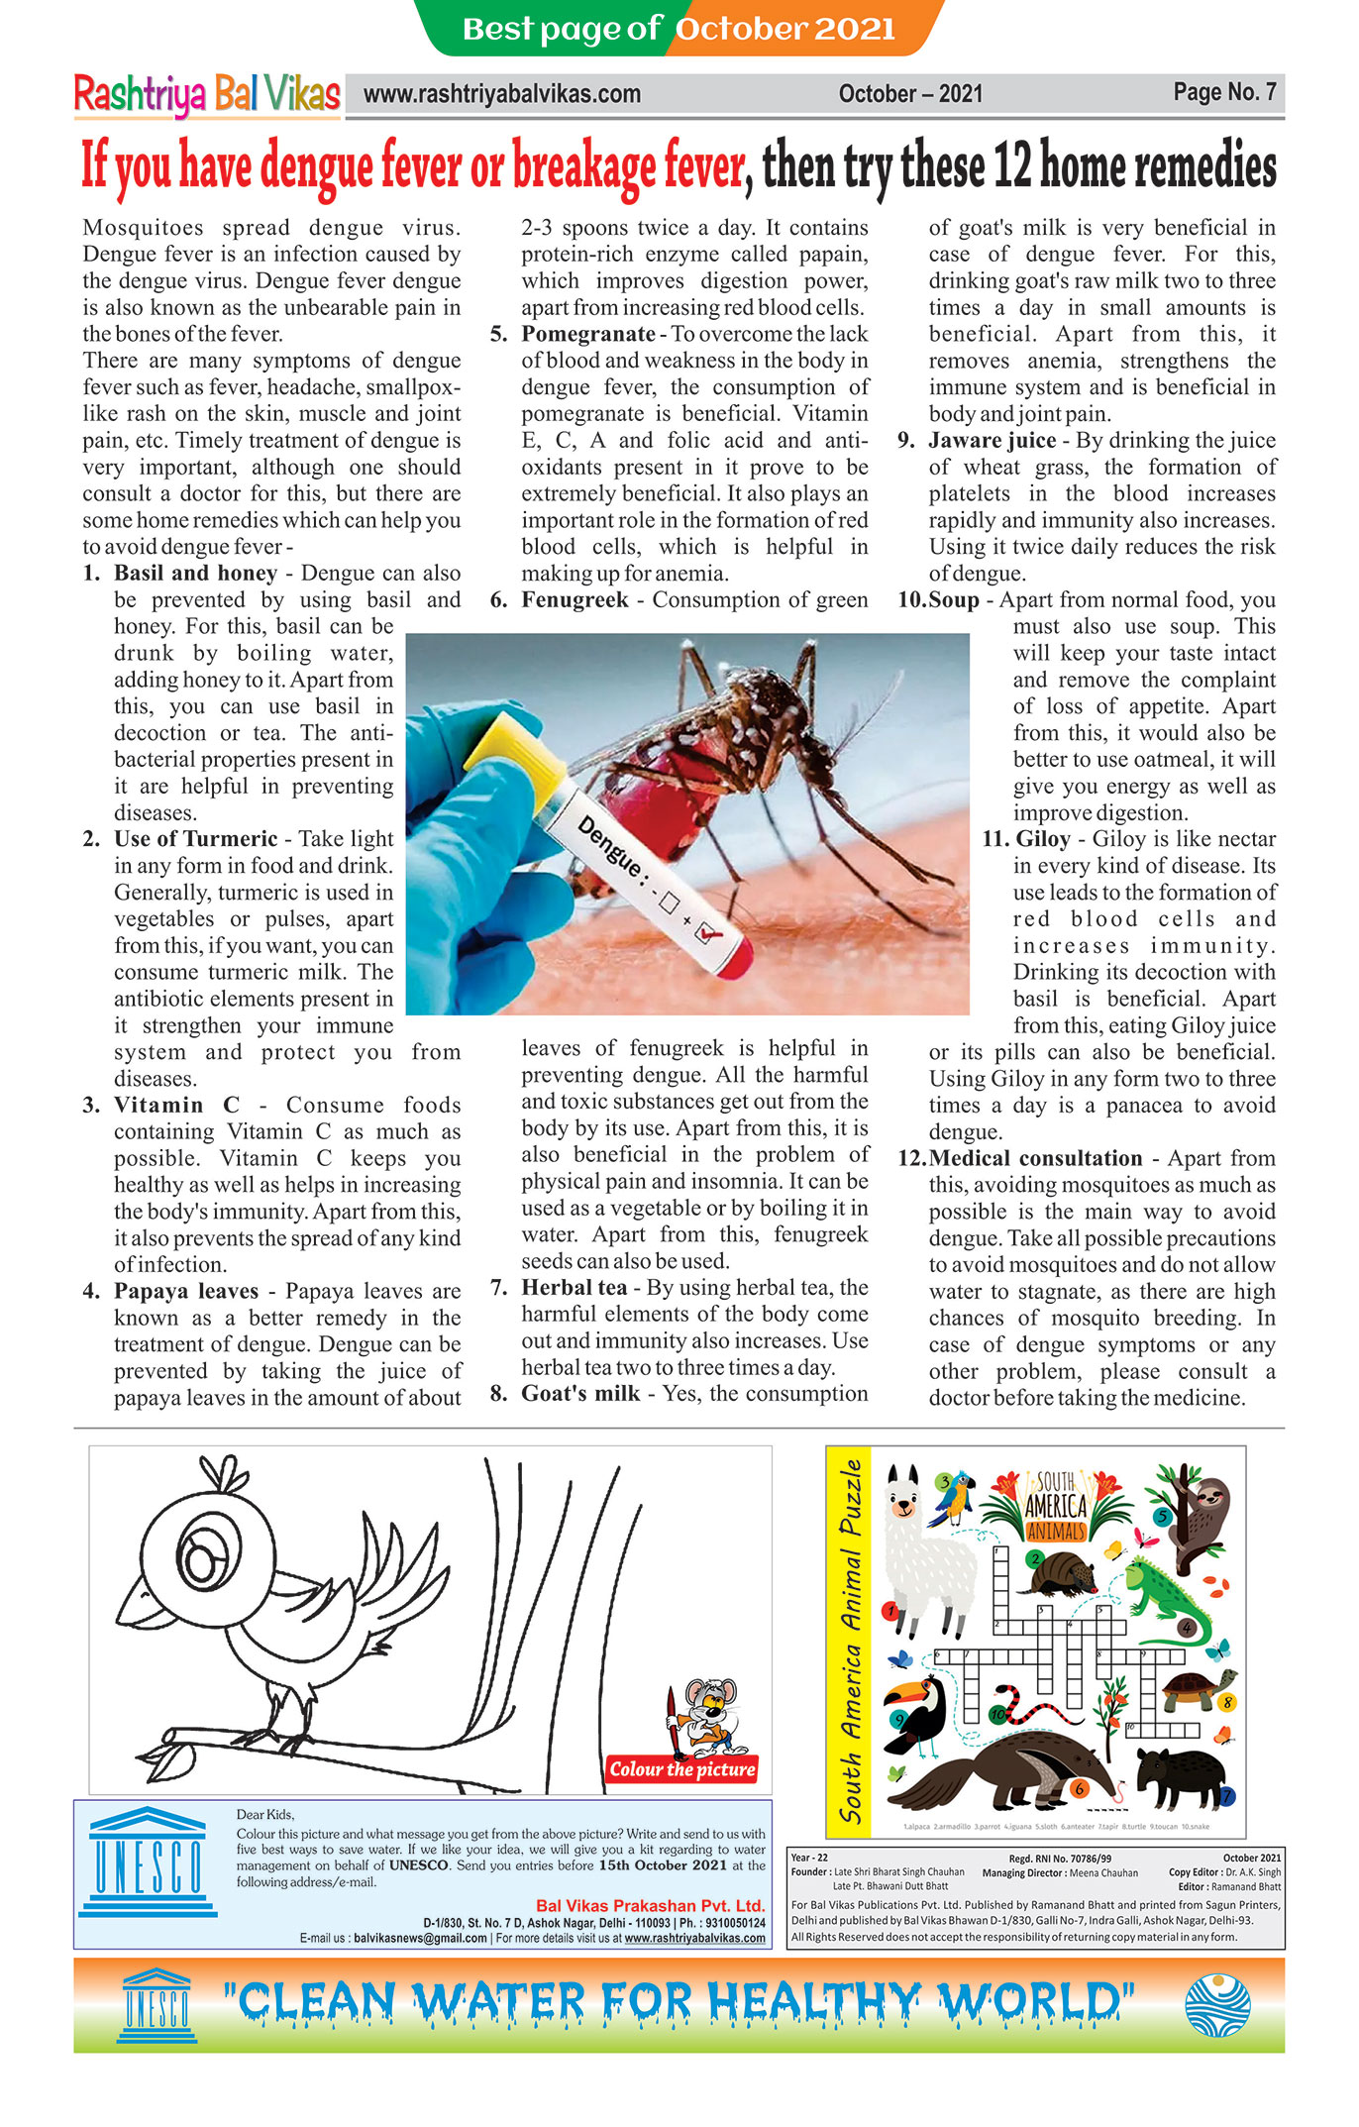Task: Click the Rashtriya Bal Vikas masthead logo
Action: click(x=207, y=95)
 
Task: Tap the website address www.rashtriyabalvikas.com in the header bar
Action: click(x=501, y=95)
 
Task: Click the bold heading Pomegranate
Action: click(x=587, y=334)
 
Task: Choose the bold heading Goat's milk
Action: click(x=580, y=1393)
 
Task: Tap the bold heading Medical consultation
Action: click(x=1035, y=1158)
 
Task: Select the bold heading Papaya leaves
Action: click(x=185, y=1291)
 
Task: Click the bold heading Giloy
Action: click(x=1043, y=839)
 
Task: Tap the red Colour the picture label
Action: click(x=681, y=1769)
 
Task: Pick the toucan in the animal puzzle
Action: click(x=918, y=1714)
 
